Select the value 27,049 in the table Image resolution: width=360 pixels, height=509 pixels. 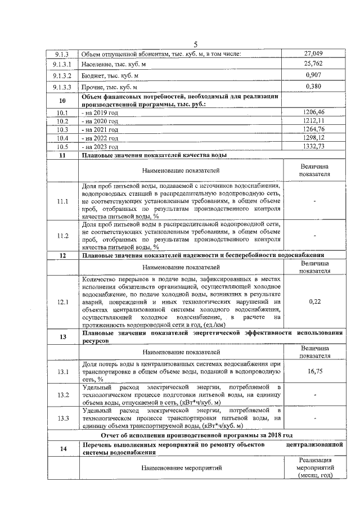(x=313, y=54)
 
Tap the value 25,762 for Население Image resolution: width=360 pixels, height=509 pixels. (x=313, y=64)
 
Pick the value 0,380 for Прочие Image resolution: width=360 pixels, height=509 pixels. (x=313, y=87)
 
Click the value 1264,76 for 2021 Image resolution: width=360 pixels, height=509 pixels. (x=313, y=129)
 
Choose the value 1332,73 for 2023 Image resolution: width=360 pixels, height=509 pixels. (x=313, y=146)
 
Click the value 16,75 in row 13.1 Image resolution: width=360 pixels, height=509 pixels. (x=313, y=372)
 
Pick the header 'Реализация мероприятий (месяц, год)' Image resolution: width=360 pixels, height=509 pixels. (x=313, y=468)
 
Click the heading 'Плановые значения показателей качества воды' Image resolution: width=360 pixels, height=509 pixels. (x=155, y=155)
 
